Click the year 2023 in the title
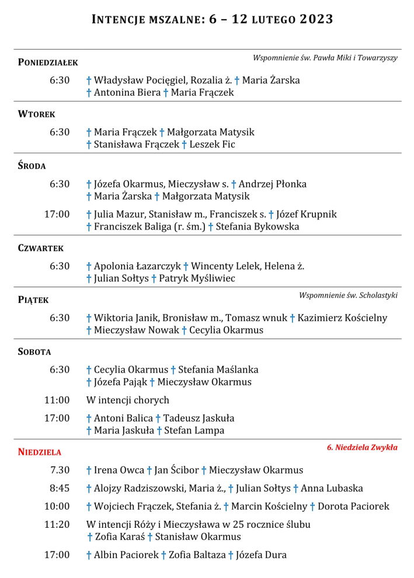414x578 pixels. [x=316, y=19]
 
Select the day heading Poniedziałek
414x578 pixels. [x=48, y=62]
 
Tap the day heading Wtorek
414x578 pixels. [x=36, y=114]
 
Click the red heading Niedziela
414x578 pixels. [x=39, y=451]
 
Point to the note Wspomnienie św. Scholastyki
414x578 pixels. [x=348, y=295]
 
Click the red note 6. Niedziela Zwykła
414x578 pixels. [x=362, y=448]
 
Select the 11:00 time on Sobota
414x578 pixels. [x=57, y=400]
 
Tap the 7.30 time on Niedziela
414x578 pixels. [x=60, y=470]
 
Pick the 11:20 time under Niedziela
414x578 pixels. [x=57, y=524]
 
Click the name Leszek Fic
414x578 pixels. [x=212, y=144]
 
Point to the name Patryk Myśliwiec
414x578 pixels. [x=197, y=278]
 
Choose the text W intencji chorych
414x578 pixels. [x=127, y=400]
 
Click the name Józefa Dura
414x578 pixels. [x=261, y=555]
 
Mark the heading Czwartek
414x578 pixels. [x=40, y=248]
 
